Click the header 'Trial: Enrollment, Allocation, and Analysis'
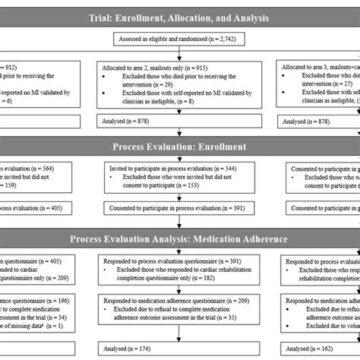(x=179, y=16)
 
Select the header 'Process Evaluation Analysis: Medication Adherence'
(x=179, y=238)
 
